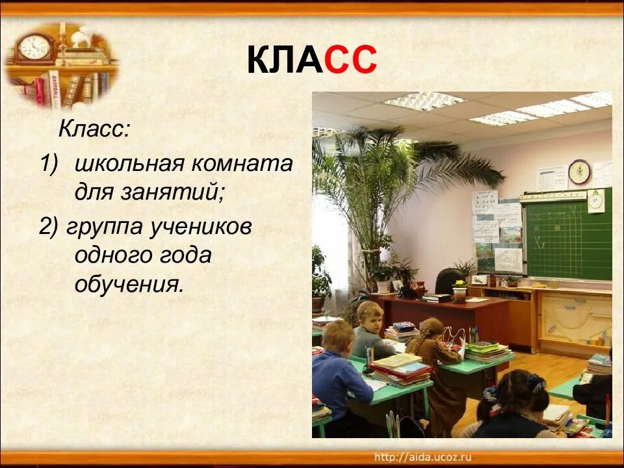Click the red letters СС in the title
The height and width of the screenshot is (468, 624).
pyautogui.click(x=350, y=60)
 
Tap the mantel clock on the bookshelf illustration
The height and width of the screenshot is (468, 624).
pyautogui.click(x=34, y=48)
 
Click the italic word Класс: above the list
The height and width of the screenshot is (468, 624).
pyautogui.click(x=94, y=129)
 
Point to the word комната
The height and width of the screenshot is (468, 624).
pyautogui.click(x=242, y=164)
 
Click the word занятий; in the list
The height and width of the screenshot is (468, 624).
pyautogui.click(x=174, y=192)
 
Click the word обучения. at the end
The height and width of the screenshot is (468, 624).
pyautogui.click(x=130, y=283)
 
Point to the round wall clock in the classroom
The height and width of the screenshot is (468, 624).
pyautogui.click(x=579, y=172)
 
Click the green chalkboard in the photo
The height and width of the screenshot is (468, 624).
pyautogui.click(x=568, y=235)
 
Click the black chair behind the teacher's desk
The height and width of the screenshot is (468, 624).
pyautogui.click(x=449, y=281)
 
